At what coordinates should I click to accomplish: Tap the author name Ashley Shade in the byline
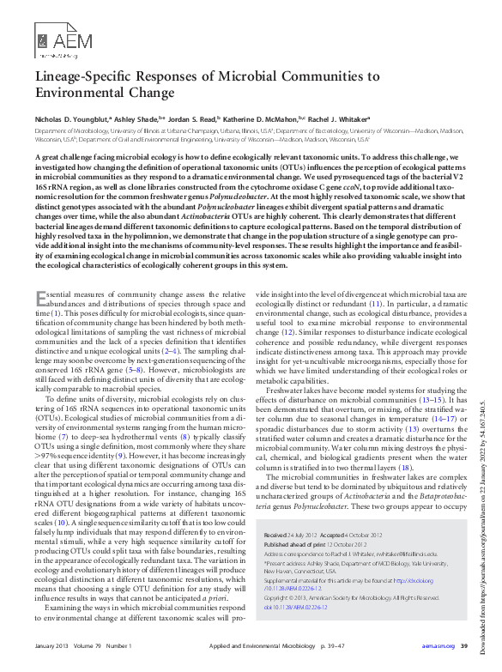coord(139,121)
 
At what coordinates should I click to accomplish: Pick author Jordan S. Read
coord(194,121)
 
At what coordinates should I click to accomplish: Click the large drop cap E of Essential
coord(41,275)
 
